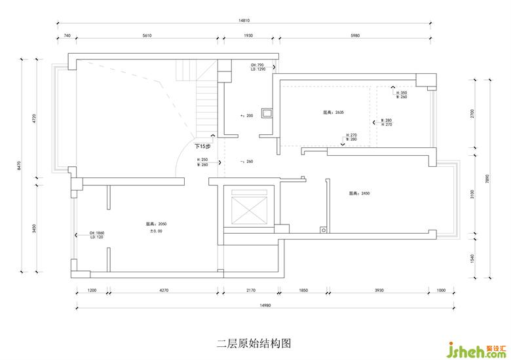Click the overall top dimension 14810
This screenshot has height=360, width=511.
(x=244, y=20)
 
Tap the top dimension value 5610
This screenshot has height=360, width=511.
(x=147, y=35)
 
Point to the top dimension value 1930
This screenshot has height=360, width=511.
(x=248, y=35)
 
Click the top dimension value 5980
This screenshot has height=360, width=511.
(x=356, y=35)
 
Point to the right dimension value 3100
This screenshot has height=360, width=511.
(x=472, y=194)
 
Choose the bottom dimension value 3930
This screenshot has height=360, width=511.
(x=379, y=289)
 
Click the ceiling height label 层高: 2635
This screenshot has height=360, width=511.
(x=333, y=112)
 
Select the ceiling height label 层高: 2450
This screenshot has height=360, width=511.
(x=360, y=193)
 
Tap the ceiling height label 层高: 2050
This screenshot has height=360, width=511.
(x=156, y=224)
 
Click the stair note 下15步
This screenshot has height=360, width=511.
(x=202, y=145)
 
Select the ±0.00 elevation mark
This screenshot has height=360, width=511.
(x=156, y=231)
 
